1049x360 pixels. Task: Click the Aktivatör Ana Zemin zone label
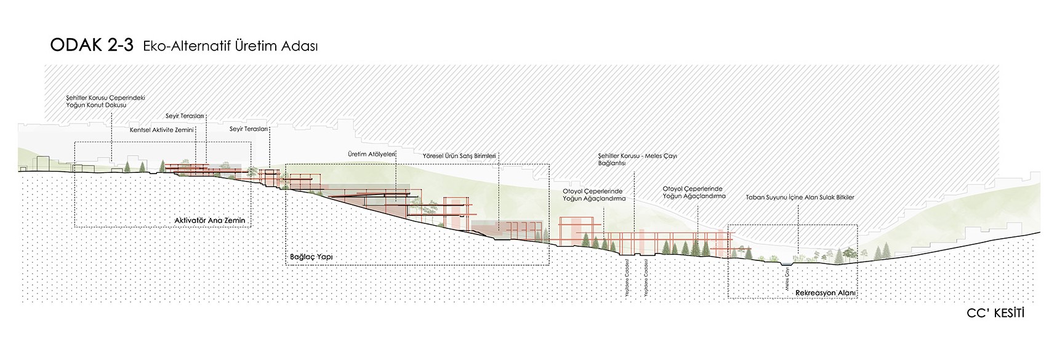[214, 220]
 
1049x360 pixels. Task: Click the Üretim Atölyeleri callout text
[371, 154]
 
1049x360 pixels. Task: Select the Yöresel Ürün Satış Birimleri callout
[459, 156]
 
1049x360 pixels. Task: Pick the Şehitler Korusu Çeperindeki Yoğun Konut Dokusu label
[105, 102]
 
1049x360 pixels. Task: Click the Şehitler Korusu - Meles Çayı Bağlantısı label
[637, 160]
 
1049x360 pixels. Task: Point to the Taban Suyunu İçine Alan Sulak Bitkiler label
[800, 198]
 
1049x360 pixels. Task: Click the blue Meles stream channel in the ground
[786, 264]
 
